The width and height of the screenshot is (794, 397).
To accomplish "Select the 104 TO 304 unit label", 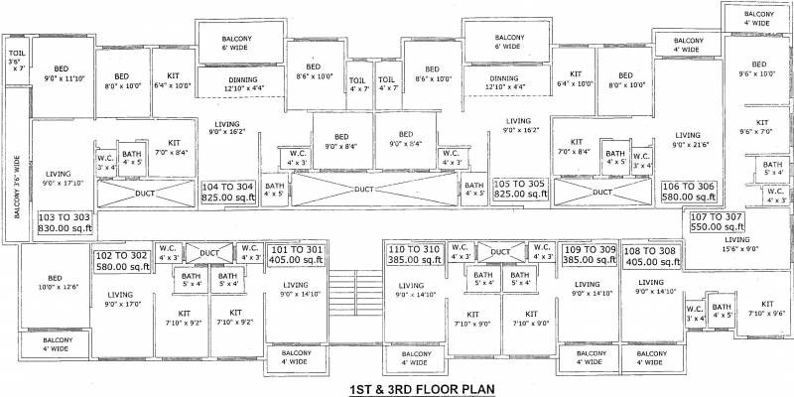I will pos(229,191).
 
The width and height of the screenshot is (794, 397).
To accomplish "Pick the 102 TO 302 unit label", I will pos(121,260).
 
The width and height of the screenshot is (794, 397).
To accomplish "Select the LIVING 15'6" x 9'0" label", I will pos(736,244).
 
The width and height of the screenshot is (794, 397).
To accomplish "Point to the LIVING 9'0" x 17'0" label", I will pos(121,299).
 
